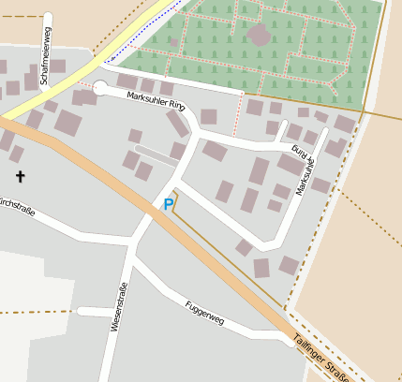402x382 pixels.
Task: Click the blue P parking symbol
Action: (169, 204)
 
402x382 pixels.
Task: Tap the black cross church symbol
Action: (20, 175)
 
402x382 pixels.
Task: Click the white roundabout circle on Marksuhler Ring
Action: (100, 88)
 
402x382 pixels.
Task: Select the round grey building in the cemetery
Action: (259, 36)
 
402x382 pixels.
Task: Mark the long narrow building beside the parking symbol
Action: (156, 155)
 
